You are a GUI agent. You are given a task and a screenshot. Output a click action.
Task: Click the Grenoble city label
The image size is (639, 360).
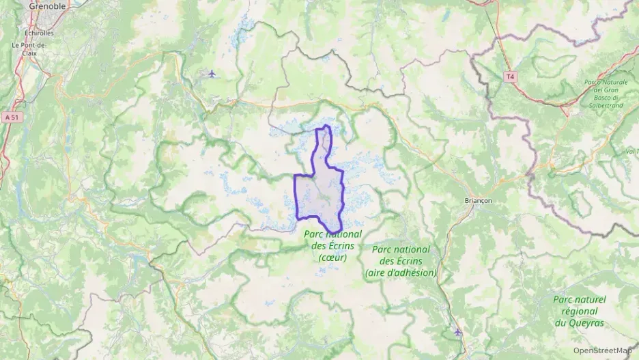point(47,6)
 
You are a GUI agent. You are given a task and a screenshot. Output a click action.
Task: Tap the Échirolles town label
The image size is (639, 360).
point(39,32)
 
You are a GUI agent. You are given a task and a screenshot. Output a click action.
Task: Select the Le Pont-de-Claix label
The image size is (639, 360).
point(29,49)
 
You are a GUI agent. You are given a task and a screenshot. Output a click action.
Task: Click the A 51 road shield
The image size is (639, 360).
point(10,117)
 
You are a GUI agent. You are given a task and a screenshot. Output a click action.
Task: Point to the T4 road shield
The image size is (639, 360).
point(509,77)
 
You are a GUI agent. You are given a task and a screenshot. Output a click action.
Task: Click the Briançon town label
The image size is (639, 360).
point(478,201)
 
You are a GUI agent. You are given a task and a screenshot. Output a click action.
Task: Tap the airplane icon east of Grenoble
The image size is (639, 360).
point(212,73)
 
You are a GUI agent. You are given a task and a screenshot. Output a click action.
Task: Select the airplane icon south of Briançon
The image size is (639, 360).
point(457,332)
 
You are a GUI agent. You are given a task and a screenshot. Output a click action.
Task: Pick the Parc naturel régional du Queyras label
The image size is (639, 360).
point(580,311)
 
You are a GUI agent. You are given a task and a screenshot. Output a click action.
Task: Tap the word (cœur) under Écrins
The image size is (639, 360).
point(332,258)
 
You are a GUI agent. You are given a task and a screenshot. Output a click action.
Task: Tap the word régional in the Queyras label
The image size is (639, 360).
point(580,311)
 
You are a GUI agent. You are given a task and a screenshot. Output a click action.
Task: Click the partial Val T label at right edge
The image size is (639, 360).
point(631,150)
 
